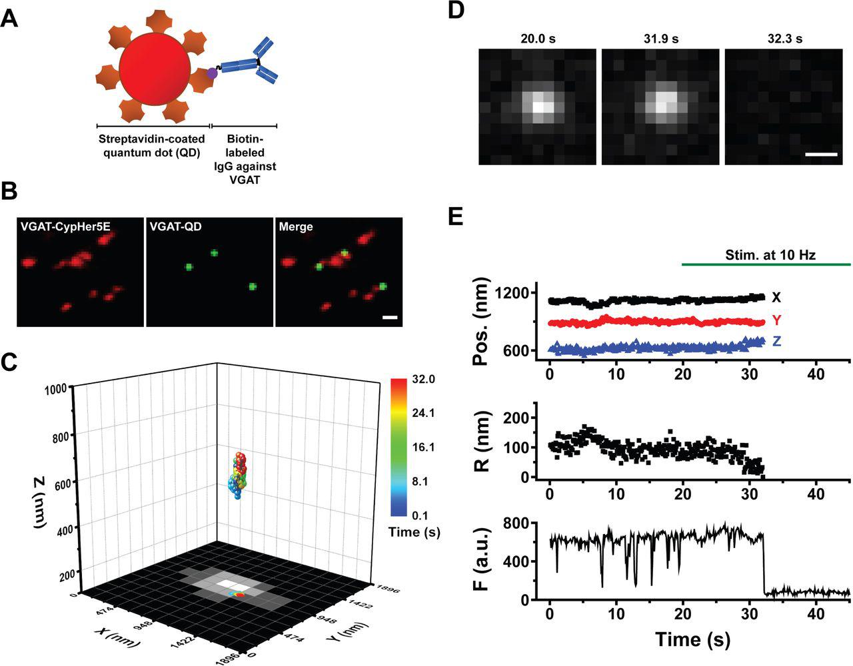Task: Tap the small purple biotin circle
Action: [212, 73]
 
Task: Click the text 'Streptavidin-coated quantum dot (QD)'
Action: [151, 145]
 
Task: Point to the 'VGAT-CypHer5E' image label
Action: [55, 228]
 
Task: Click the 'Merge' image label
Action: [296, 228]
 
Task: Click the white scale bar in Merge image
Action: [391, 317]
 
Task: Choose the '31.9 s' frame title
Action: [660, 39]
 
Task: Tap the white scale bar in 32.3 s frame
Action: [820, 155]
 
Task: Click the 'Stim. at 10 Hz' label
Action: [770, 254]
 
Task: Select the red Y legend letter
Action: [777, 320]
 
